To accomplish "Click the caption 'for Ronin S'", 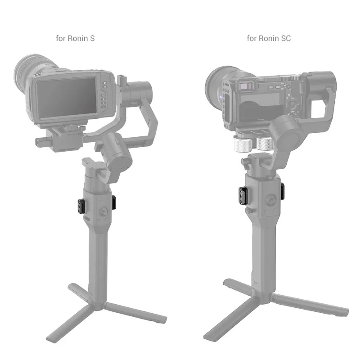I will [x=75, y=38].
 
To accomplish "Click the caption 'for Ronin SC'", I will [x=269, y=38].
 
